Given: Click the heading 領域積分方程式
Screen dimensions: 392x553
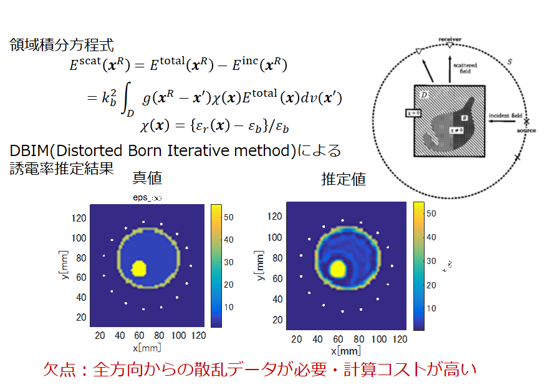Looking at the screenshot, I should click(x=62, y=45).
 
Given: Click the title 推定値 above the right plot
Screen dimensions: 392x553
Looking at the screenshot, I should click(x=344, y=179).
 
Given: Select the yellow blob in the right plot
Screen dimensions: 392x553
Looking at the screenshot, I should click(x=338, y=269).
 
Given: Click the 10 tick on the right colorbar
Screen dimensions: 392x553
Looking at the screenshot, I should click(x=431, y=308).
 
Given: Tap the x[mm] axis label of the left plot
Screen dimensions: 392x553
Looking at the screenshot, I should click(x=147, y=348).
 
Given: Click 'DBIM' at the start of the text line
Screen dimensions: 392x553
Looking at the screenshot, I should click(x=29, y=151).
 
